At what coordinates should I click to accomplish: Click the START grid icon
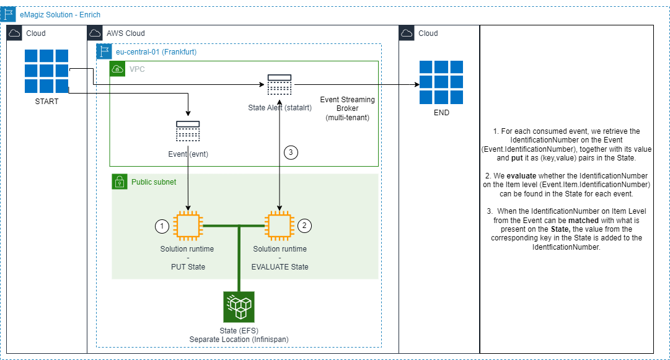pos(46,71)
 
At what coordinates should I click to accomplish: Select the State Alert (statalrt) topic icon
pos(280,85)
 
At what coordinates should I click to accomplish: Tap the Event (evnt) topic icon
pos(188,131)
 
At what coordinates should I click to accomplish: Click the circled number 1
pos(161,227)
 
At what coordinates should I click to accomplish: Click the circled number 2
pos(304,226)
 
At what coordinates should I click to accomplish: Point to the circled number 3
pos(291,152)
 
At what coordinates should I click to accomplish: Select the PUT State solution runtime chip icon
pos(188,226)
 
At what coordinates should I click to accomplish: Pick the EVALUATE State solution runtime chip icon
pos(280,226)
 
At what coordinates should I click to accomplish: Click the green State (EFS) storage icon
pos(239,307)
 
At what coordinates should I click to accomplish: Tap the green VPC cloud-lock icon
pos(117,69)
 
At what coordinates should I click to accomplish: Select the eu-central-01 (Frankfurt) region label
pos(156,52)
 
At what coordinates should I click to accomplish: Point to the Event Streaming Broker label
pos(347,108)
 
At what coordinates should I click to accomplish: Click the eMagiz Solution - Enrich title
pos(60,14)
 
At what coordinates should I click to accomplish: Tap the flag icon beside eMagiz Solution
pos(9,14)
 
